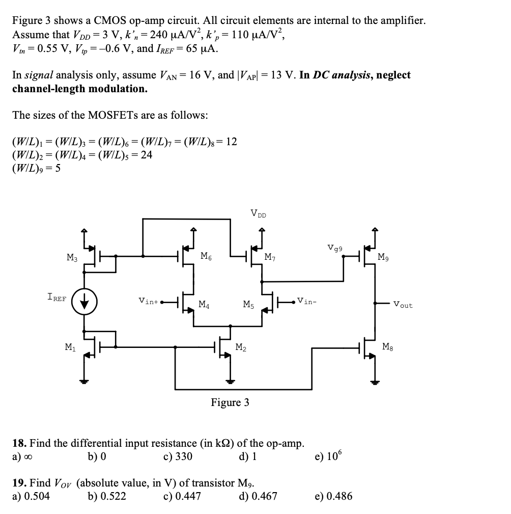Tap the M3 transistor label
[72, 257]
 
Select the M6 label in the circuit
[206, 256]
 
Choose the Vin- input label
[307, 300]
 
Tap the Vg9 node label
[335, 248]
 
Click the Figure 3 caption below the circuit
[230, 402]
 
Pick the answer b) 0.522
[107, 495]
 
